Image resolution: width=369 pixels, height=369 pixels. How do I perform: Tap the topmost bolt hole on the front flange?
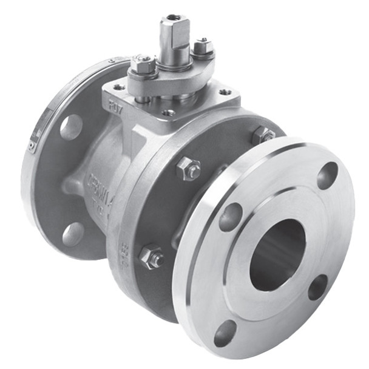click(x=327, y=175)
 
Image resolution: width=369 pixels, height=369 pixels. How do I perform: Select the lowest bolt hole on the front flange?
click(x=225, y=333)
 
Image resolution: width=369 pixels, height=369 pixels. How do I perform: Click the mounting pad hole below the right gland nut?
click(x=225, y=92)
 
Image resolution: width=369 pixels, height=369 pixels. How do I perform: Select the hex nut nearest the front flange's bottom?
click(x=151, y=257)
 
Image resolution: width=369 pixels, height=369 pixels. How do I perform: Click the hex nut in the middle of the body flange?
click(x=189, y=169)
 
